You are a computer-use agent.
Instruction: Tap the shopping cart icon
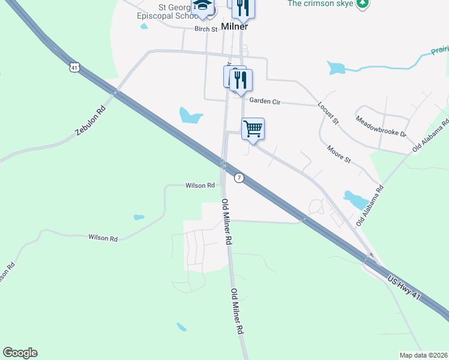click(253, 128)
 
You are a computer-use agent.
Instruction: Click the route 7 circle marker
click(239, 178)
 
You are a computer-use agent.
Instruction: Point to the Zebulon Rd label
click(91, 120)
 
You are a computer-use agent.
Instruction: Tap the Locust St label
click(328, 112)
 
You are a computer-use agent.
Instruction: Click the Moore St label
click(339, 154)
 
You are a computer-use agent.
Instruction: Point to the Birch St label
click(205, 28)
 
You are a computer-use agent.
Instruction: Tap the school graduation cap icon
click(202, 7)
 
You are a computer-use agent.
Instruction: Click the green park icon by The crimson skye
click(362, 4)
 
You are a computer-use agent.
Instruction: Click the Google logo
click(20, 353)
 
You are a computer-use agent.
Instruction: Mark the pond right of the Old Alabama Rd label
click(356, 199)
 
